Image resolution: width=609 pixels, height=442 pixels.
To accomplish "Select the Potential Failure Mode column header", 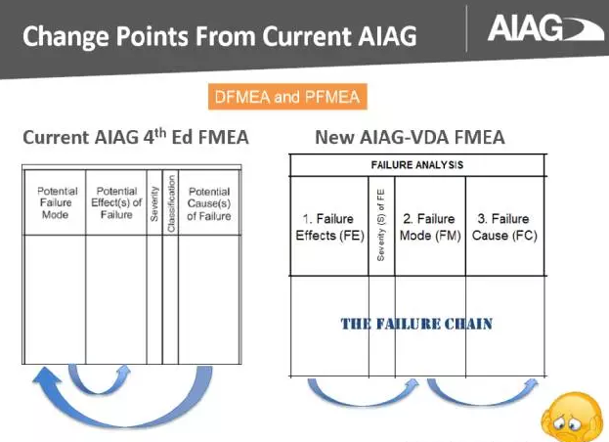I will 56,201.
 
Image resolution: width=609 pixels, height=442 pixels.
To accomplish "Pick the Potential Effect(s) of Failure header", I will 116,201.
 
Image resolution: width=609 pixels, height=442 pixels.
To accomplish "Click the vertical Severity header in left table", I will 154,201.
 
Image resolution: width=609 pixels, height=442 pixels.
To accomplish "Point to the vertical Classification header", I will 170,201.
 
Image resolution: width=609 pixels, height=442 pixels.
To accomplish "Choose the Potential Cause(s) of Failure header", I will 209,201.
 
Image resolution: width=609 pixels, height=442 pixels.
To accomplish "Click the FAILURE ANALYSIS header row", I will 417,164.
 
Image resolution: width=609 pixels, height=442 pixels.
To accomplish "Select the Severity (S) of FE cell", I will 381,226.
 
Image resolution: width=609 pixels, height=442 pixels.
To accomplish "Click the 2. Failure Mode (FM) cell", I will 430,227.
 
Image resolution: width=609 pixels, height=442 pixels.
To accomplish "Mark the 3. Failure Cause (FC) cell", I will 504,227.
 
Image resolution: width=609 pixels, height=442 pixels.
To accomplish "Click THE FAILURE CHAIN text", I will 415,323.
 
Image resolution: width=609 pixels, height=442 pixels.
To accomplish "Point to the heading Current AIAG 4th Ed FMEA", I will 136,138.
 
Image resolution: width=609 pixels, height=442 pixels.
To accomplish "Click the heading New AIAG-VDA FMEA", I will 410,138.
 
